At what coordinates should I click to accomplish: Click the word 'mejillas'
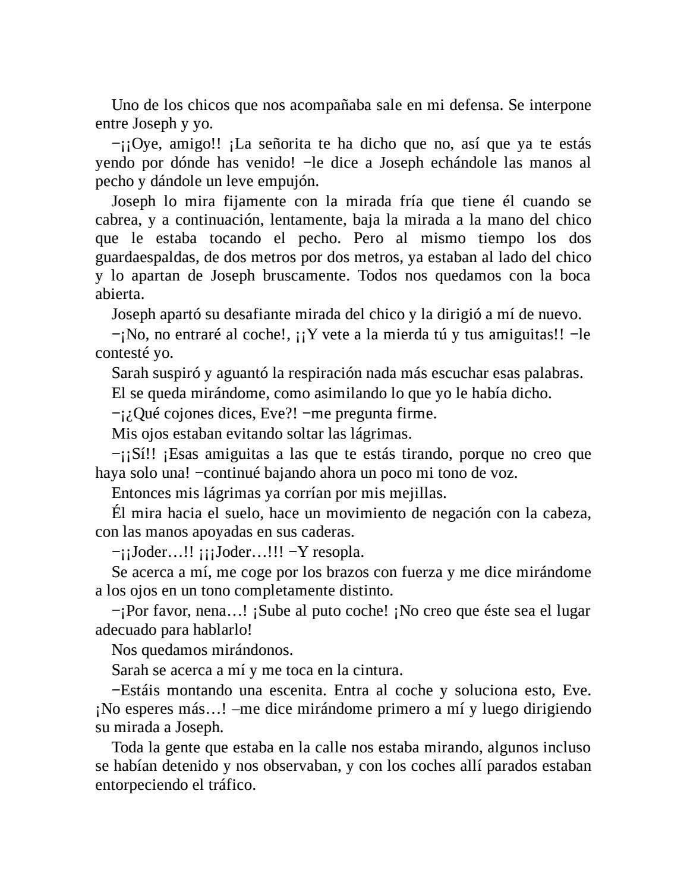point(418,493)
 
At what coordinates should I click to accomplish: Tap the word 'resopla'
point(338,552)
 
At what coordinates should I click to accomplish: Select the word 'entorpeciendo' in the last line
point(138,785)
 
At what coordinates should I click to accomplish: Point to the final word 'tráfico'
point(231,785)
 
